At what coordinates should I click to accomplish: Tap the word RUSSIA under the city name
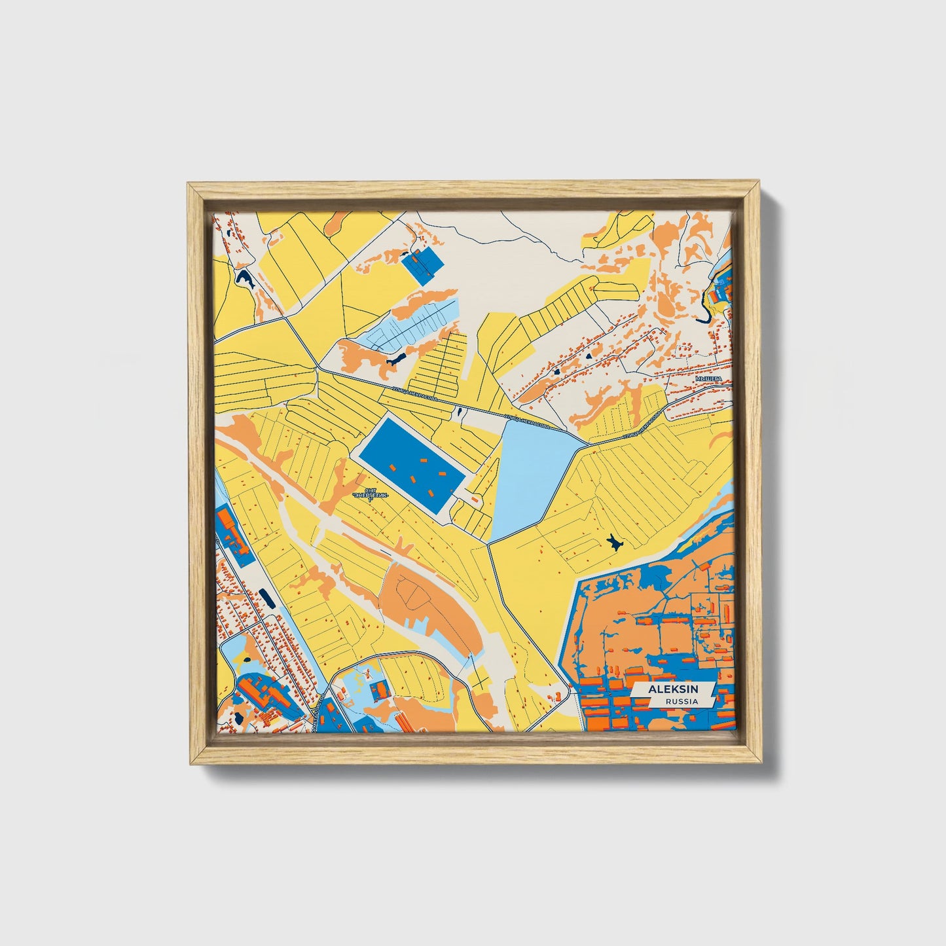680,701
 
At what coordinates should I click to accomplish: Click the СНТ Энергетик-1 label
371,496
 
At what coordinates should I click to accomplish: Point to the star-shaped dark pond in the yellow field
614,541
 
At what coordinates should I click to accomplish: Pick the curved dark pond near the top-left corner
246,280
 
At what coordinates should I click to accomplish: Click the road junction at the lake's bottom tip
489,542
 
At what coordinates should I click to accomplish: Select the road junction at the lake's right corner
587,445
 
